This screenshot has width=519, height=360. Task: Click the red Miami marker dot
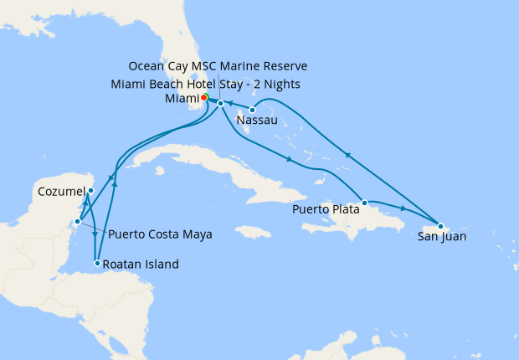tap(204, 98)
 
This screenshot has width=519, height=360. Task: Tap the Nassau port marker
tap(252, 110)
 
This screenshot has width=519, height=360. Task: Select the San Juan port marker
tap(440, 226)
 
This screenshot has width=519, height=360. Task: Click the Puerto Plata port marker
tap(364, 203)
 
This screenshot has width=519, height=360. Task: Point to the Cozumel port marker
tap(90, 191)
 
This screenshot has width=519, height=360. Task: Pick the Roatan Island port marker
tap(98, 264)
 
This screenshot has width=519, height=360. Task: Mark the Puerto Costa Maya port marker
tap(76, 222)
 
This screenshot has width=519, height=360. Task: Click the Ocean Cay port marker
tap(220, 103)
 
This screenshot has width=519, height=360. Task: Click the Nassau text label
tap(258, 121)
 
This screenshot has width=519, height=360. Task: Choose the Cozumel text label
tap(61, 192)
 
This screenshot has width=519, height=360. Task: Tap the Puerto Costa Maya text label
tap(157, 234)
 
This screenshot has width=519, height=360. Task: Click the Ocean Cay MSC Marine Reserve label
tap(218, 66)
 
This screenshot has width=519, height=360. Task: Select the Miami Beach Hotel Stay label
tap(205, 84)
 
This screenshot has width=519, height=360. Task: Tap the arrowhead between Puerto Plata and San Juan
tap(404, 208)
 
